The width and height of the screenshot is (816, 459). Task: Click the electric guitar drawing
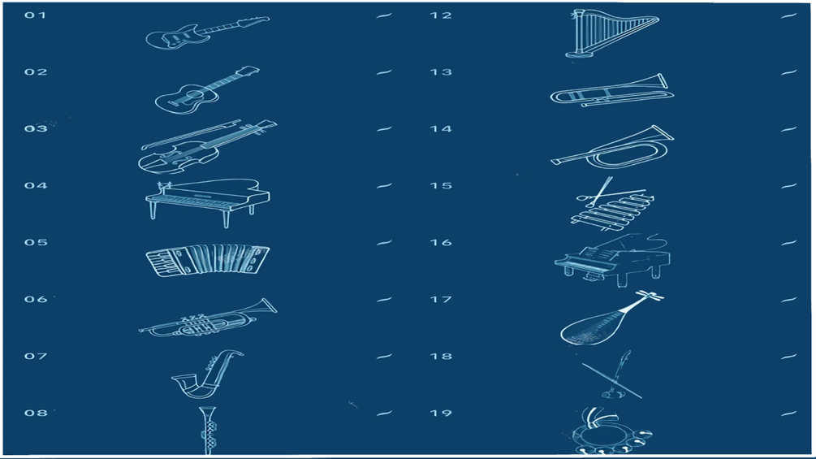click(x=207, y=32)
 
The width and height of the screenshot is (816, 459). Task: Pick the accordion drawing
click(x=208, y=260)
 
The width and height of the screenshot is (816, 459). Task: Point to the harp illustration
click(x=612, y=33)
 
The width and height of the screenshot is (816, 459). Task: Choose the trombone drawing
click(x=612, y=90)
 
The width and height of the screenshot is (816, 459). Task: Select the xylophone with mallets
click(x=612, y=205)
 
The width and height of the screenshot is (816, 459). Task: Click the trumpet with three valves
click(x=208, y=318)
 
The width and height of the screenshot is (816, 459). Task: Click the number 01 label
click(x=36, y=15)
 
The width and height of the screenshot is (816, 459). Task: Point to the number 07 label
click(x=36, y=356)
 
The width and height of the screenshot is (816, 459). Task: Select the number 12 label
click(x=441, y=15)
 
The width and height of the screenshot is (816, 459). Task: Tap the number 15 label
click(x=441, y=186)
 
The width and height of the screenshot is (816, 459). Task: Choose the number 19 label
click(x=441, y=414)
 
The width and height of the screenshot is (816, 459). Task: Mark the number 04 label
click(x=36, y=186)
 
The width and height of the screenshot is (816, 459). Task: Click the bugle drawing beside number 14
click(x=612, y=147)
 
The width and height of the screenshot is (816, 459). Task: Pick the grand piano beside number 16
click(x=612, y=260)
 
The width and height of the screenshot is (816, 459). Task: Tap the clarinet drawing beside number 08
click(x=208, y=431)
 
